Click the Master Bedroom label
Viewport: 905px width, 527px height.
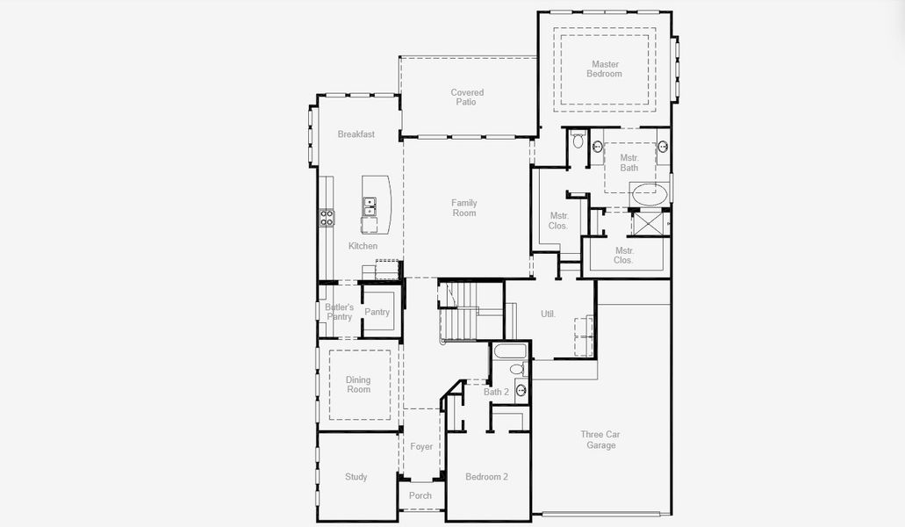pyautogui.click(x=604, y=69)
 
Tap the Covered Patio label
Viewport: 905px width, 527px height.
pyautogui.click(x=467, y=97)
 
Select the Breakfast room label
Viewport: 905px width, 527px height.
pyautogui.click(x=356, y=134)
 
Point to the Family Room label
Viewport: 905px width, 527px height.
pyautogui.click(x=464, y=208)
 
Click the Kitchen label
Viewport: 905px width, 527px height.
pyautogui.click(x=363, y=246)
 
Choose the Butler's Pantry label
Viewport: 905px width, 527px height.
pyautogui.click(x=339, y=312)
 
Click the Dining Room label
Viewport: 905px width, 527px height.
pyautogui.click(x=358, y=385)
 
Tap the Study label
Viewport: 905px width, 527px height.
pyautogui.click(x=356, y=477)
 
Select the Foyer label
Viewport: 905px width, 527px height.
pyautogui.click(x=421, y=446)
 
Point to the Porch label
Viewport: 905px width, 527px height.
pyautogui.click(x=420, y=495)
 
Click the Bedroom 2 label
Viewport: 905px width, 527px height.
pyautogui.click(x=486, y=477)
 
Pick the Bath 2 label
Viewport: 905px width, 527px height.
pyautogui.click(x=496, y=392)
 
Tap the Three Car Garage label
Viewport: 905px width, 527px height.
pyautogui.click(x=601, y=440)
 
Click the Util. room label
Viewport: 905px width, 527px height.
pyautogui.click(x=548, y=314)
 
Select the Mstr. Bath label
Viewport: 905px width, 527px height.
pyautogui.click(x=628, y=162)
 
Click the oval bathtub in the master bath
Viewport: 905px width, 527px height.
pyautogui.click(x=650, y=194)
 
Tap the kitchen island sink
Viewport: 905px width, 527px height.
pyautogui.click(x=370, y=206)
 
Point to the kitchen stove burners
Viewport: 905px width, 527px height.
pyautogui.click(x=326, y=217)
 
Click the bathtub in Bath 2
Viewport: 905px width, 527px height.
pyautogui.click(x=509, y=352)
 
